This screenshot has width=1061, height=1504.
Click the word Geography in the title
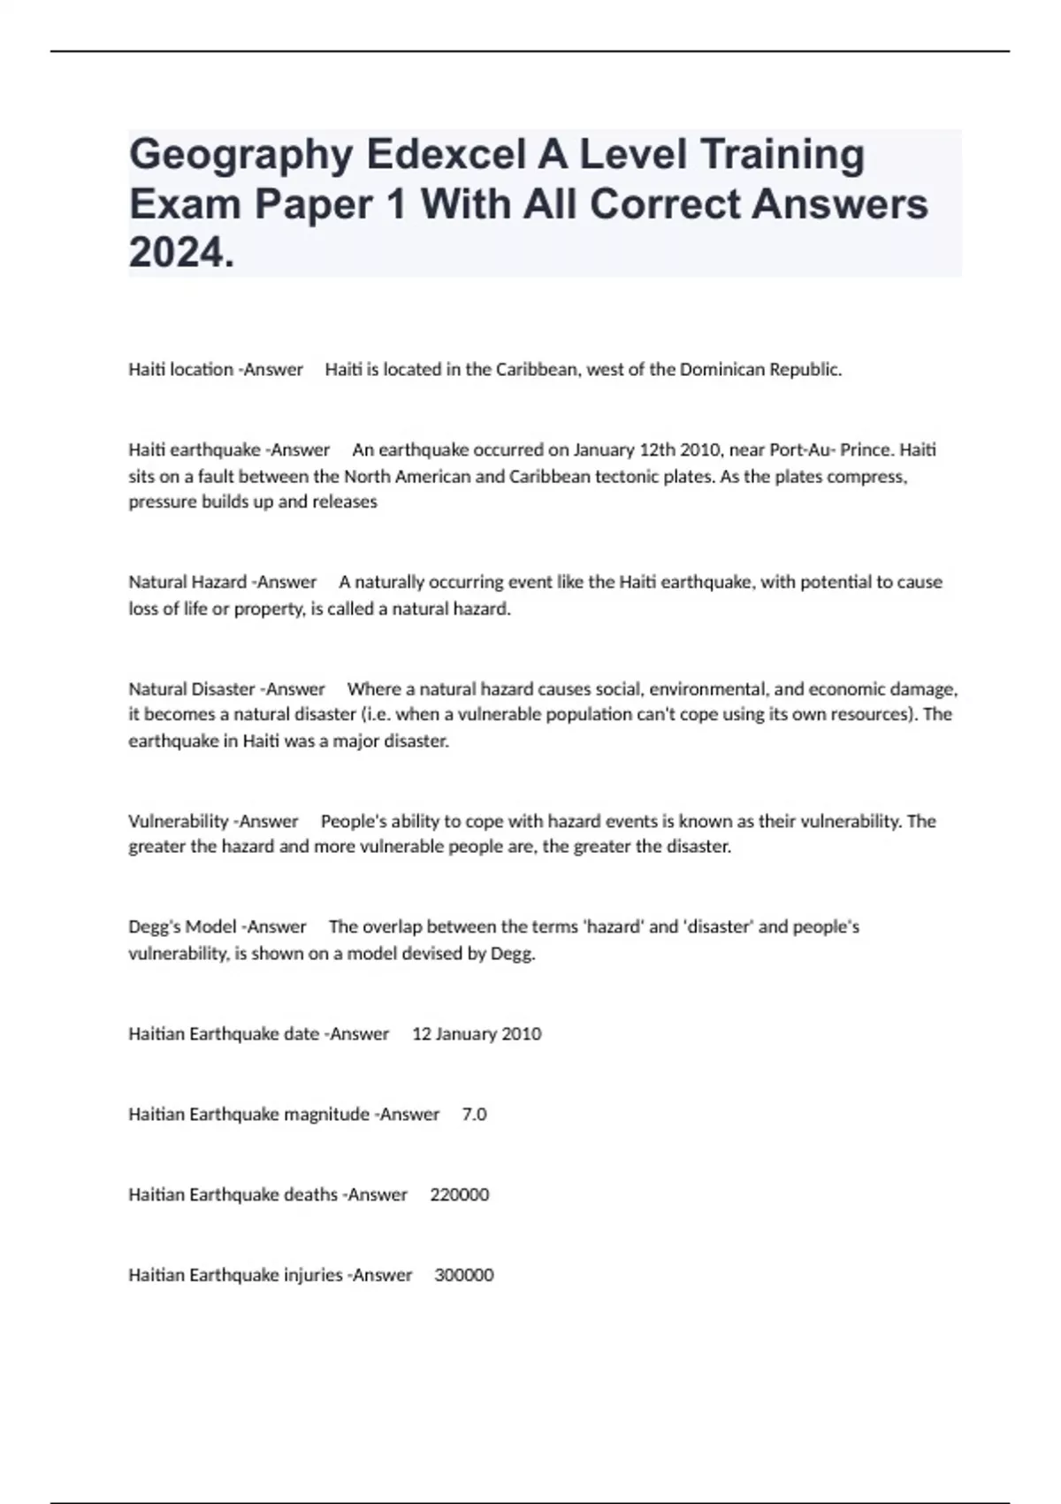240,156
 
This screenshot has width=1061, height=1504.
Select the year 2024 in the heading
181,254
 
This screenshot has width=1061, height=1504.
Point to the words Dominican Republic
759,370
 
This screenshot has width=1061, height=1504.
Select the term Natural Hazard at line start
187,582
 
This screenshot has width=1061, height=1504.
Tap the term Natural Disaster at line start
192,688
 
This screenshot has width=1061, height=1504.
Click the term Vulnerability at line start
179,821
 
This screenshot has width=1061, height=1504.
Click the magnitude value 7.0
474,1114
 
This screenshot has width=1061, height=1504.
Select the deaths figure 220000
459,1194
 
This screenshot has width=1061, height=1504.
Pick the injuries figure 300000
463,1275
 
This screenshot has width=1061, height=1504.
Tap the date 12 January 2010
477,1033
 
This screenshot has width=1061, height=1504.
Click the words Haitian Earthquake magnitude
248,1114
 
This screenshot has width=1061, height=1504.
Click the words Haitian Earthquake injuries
235,1275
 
